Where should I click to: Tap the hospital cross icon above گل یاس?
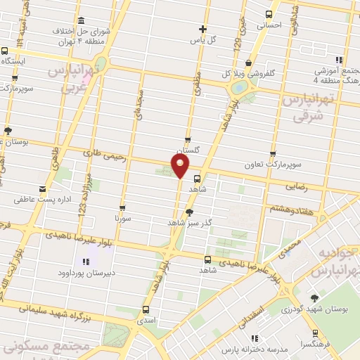pyautogui.click(x=202, y=29)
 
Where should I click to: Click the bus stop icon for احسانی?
pyautogui.click(x=269, y=14)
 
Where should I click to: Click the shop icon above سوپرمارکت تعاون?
pyautogui.click(x=273, y=154)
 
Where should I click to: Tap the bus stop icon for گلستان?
pyautogui.click(x=187, y=140)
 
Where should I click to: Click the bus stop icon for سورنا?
pyautogui.click(x=123, y=208)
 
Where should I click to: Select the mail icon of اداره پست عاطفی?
pyautogui.click(x=44, y=188)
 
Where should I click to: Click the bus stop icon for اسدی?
pyautogui.click(x=146, y=309)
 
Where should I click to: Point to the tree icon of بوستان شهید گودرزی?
pyautogui.click(x=314, y=298)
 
